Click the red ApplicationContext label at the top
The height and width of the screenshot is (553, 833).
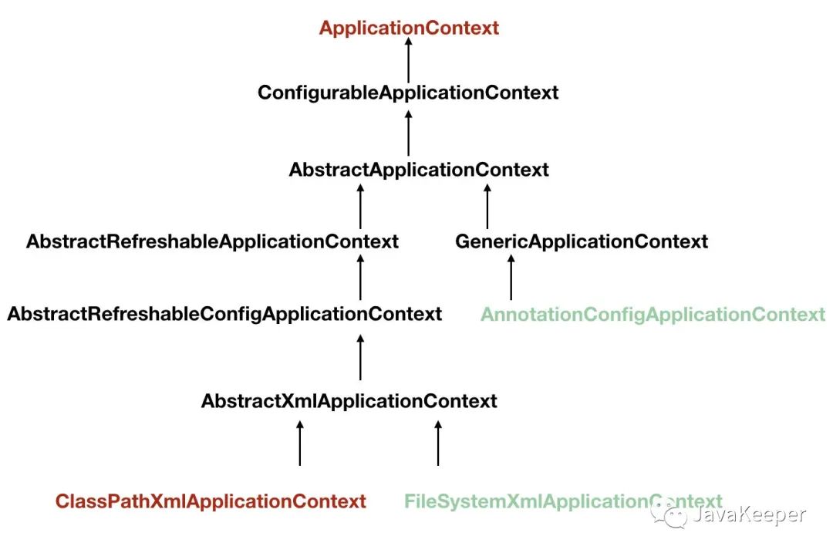pos(409,29)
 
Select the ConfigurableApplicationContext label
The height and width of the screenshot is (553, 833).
pos(408,93)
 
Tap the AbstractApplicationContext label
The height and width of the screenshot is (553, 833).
pos(419,170)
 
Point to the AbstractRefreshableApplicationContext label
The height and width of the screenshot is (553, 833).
pos(212,241)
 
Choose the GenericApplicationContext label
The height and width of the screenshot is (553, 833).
pos(582,241)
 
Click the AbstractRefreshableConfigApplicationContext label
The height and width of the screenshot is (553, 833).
pos(224,314)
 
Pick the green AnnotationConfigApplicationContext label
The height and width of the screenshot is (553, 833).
pos(653,315)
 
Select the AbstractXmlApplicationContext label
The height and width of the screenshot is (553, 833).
pos(349,401)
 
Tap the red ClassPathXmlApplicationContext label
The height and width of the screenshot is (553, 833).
pos(211,501)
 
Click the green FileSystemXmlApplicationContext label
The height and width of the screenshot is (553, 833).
pos(563,501)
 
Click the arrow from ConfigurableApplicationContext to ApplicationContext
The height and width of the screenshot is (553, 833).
pos(409,60)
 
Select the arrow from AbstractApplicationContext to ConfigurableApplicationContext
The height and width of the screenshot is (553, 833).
pos(409,133)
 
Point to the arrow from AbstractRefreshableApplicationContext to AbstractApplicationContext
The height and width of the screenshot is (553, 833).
pos(361,207)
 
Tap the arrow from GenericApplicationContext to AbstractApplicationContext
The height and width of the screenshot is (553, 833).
pos(487,207)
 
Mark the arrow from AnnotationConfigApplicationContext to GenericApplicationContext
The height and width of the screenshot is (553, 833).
pos(511,278)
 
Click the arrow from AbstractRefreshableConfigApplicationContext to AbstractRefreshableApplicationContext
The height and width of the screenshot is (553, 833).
pos(361,278)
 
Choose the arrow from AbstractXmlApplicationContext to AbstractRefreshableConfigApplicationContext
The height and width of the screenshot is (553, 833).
pos(361,358)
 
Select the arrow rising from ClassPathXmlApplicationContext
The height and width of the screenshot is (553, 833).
pos(300,443)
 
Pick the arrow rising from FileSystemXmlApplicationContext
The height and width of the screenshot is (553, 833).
pos(438,443)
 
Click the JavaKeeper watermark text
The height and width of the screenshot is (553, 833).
pos(750,514)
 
